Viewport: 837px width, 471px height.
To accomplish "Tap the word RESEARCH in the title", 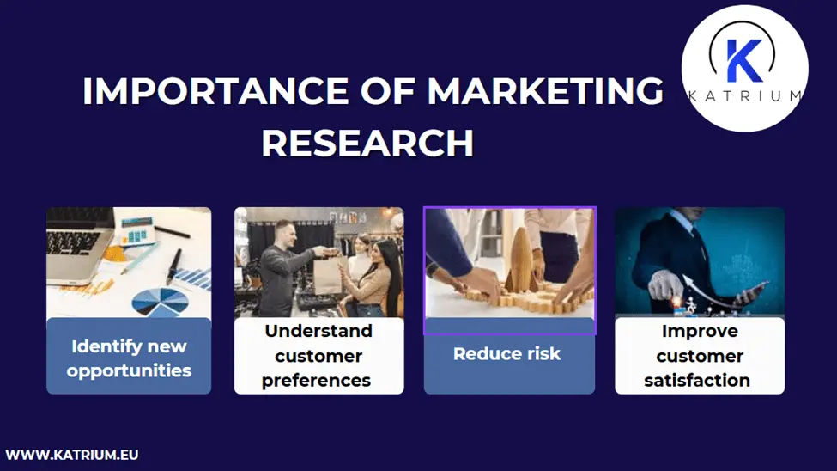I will coord(367,143).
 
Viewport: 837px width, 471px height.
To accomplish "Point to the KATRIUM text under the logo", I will coord(745,96).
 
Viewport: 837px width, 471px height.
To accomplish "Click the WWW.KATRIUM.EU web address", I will coord(72,454).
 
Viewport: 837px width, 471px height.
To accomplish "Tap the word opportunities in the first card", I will coord(129,371).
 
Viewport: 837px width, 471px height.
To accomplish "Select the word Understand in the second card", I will coord(318,331).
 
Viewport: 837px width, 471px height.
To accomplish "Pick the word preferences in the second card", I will coord(317,380).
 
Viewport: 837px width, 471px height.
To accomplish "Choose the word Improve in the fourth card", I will coord(700,331).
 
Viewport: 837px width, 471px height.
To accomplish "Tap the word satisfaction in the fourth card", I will coord(697,380).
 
